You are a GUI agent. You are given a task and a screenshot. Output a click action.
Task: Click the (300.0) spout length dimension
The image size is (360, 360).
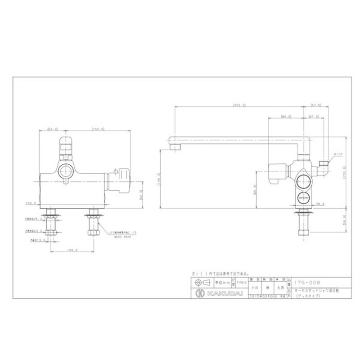tap(239, 105)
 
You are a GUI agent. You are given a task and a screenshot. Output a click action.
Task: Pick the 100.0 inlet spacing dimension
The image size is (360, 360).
tap(72, 250)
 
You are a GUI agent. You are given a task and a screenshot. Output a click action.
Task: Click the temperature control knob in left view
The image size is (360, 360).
tap(120, 180)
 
